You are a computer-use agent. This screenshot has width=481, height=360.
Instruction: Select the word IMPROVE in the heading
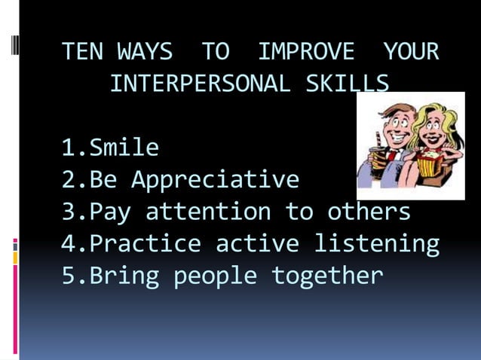tap(305, 52)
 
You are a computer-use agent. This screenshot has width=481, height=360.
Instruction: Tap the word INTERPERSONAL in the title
tap(199, 84)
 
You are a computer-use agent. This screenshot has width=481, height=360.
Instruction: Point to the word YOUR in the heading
tap(411, 52)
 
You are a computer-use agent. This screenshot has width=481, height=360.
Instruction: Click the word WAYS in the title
tap(145, 52)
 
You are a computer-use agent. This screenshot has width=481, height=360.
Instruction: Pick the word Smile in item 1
tap(124, 148)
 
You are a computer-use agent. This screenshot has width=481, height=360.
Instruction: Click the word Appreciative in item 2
tap(215, 180)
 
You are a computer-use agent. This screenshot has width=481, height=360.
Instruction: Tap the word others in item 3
tap(369, 212)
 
